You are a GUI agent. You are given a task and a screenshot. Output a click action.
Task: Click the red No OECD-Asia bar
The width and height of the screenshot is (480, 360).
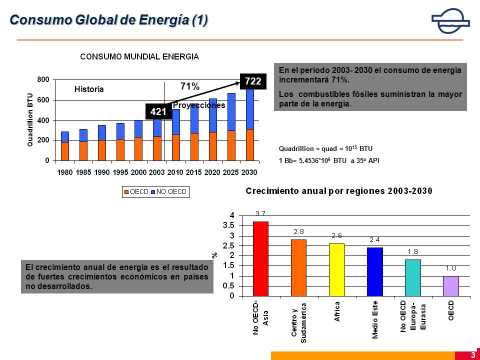click(x=261, y=258)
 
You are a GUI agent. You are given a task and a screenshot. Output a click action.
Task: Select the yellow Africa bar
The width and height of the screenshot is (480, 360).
click(x=336, y=270)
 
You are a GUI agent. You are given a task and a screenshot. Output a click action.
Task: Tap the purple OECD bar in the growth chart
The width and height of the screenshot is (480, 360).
click(x=451, y=286)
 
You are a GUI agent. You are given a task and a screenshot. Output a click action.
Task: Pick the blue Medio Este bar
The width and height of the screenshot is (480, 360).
click(x=374, y=272)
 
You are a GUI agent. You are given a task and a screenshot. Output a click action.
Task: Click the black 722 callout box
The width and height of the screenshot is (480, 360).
click(x=253, y=81)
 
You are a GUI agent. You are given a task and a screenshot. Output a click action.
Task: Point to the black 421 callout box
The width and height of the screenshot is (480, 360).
click(x=158, y=111)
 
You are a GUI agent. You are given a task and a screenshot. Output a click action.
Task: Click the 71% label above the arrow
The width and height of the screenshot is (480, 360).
click(x=190, y=86)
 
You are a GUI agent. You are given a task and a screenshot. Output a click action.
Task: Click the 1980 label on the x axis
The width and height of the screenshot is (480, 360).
click(x=65, y=172)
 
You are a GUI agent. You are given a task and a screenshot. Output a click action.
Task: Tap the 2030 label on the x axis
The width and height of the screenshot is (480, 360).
click(x=249, y=172)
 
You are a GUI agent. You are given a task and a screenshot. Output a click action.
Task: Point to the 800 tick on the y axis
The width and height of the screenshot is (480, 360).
click(x=43, y=79)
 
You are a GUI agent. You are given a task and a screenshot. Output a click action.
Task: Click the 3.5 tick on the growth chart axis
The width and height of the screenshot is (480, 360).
click(x=228, y=225)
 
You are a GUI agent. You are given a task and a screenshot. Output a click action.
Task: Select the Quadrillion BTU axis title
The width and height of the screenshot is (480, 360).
click(x=30, y=119)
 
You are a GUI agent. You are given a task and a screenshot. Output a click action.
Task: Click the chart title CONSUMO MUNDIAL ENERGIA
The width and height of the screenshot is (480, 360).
click(x=139, y=56)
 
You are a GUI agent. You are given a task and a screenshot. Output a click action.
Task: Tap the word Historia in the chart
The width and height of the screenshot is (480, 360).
click(x=89, y=89)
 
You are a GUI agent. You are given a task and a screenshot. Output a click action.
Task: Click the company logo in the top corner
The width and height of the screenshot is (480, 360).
click(x=450, y=21)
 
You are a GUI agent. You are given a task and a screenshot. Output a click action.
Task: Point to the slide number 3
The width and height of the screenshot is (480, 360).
click(x=473, y=355)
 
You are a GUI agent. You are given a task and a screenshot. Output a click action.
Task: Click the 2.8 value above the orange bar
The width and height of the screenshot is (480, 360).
click(x=298, y=231)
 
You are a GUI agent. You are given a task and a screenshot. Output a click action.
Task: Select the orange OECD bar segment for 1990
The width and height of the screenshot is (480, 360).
click(x=102, y=150)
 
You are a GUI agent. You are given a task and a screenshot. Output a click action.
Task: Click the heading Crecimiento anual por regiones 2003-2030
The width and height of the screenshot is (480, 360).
click(x=339, y=191)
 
